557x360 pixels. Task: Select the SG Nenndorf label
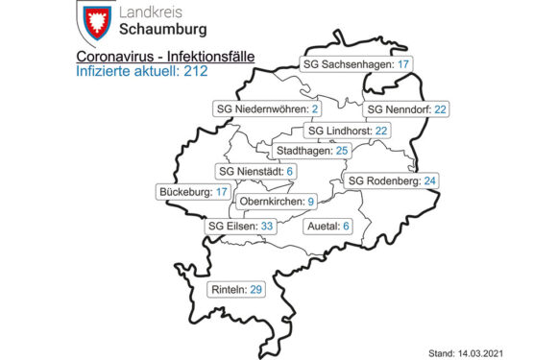407,109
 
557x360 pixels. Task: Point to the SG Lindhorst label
346,131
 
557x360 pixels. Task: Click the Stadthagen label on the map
311,151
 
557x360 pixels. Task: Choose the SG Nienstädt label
255,172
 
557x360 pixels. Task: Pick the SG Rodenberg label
392,180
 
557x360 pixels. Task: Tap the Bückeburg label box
193,192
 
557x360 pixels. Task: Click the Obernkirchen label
277,202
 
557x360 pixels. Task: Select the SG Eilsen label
241,228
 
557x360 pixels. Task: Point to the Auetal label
327,228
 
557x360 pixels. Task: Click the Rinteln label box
237,289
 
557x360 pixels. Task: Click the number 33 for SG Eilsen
268,228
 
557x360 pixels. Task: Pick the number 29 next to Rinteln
254,289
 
